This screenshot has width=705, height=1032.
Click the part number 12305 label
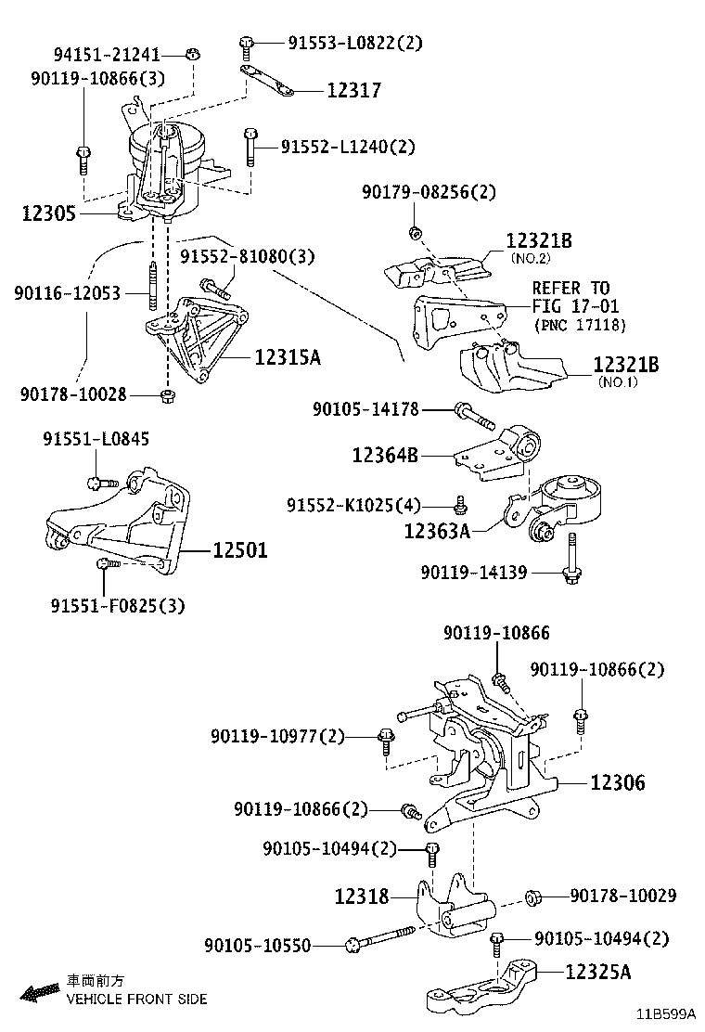pyautogui.click(x=48, y=213)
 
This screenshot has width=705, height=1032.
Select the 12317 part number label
pyautogui.click(x=353, y=91)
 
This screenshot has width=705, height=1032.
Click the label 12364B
pyautogui.click(x=384, y=455)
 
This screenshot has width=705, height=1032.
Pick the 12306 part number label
pyautogui.click(x=618, y=782)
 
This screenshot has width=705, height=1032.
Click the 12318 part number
pyautogui.click(x=362, y=897)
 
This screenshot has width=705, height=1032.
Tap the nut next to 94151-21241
pyautogui.click(x=193, y=52)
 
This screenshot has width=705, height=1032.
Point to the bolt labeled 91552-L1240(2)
pyautogui.click(x=250, y=146)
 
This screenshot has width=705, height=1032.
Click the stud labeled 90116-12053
pyautogui.click(x=149, y=288)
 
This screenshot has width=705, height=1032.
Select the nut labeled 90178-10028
pyautogui.click(x=168, y=396)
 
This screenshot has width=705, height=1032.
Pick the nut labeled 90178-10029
pyautogui.click(x=533, y=897)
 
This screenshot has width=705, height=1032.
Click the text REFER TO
pyautogui.click(x=570, y=288)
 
